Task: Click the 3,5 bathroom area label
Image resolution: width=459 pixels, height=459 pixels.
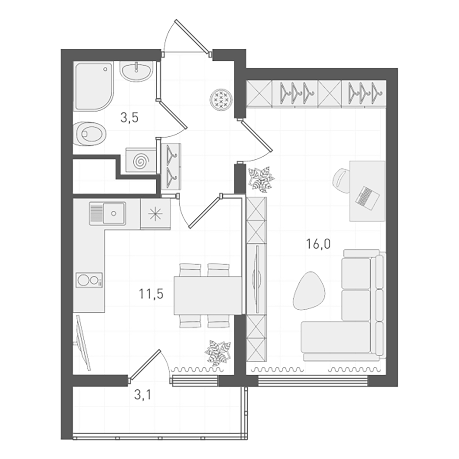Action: click(x=129, y=118)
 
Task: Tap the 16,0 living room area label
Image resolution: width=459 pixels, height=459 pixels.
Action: click(x=318, y=244)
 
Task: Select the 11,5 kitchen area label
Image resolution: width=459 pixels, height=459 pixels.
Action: click(x=151, y=294)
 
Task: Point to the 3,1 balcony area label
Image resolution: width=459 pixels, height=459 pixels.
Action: click(x=143, y=395)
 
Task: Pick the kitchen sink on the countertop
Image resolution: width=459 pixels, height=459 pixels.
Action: click(x=107, y=213)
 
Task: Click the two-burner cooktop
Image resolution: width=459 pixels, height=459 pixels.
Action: click(x=89, y=280)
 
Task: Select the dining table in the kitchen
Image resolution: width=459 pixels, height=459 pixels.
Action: click(x=207, y=296)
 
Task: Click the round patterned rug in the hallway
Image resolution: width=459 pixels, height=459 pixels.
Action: click(x=221, y=100)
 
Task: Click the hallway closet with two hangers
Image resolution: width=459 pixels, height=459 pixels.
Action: click(x=171, y=166)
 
